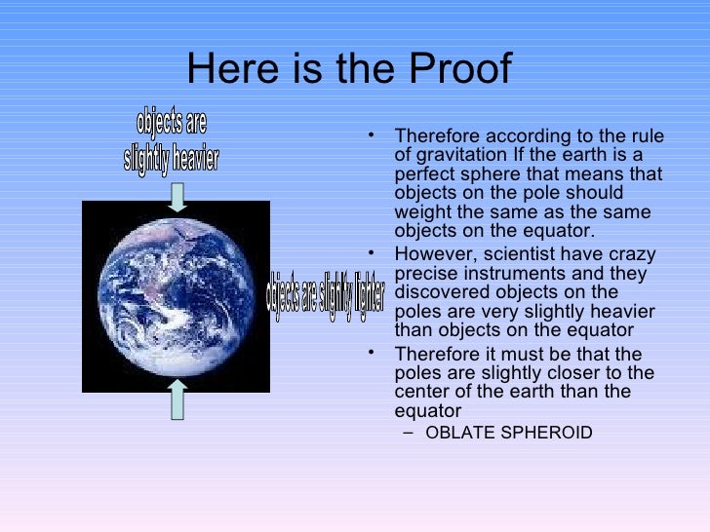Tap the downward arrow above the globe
(177, 197)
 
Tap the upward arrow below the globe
(177, 399)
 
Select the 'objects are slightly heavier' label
(172, 142)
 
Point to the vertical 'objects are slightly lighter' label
(326, 294)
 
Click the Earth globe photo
(176, 296)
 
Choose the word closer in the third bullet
(574, 373)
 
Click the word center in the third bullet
(422, 392)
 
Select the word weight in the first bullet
(422, 212)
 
